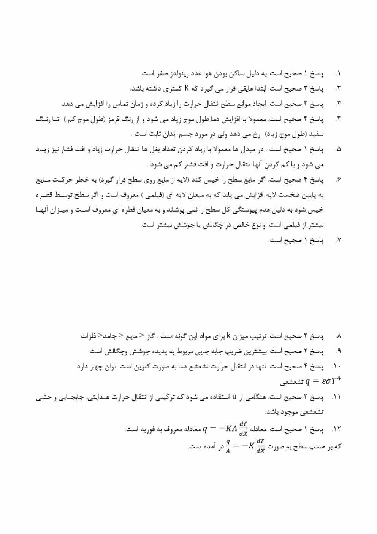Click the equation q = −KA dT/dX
click(x=226, y=429)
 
